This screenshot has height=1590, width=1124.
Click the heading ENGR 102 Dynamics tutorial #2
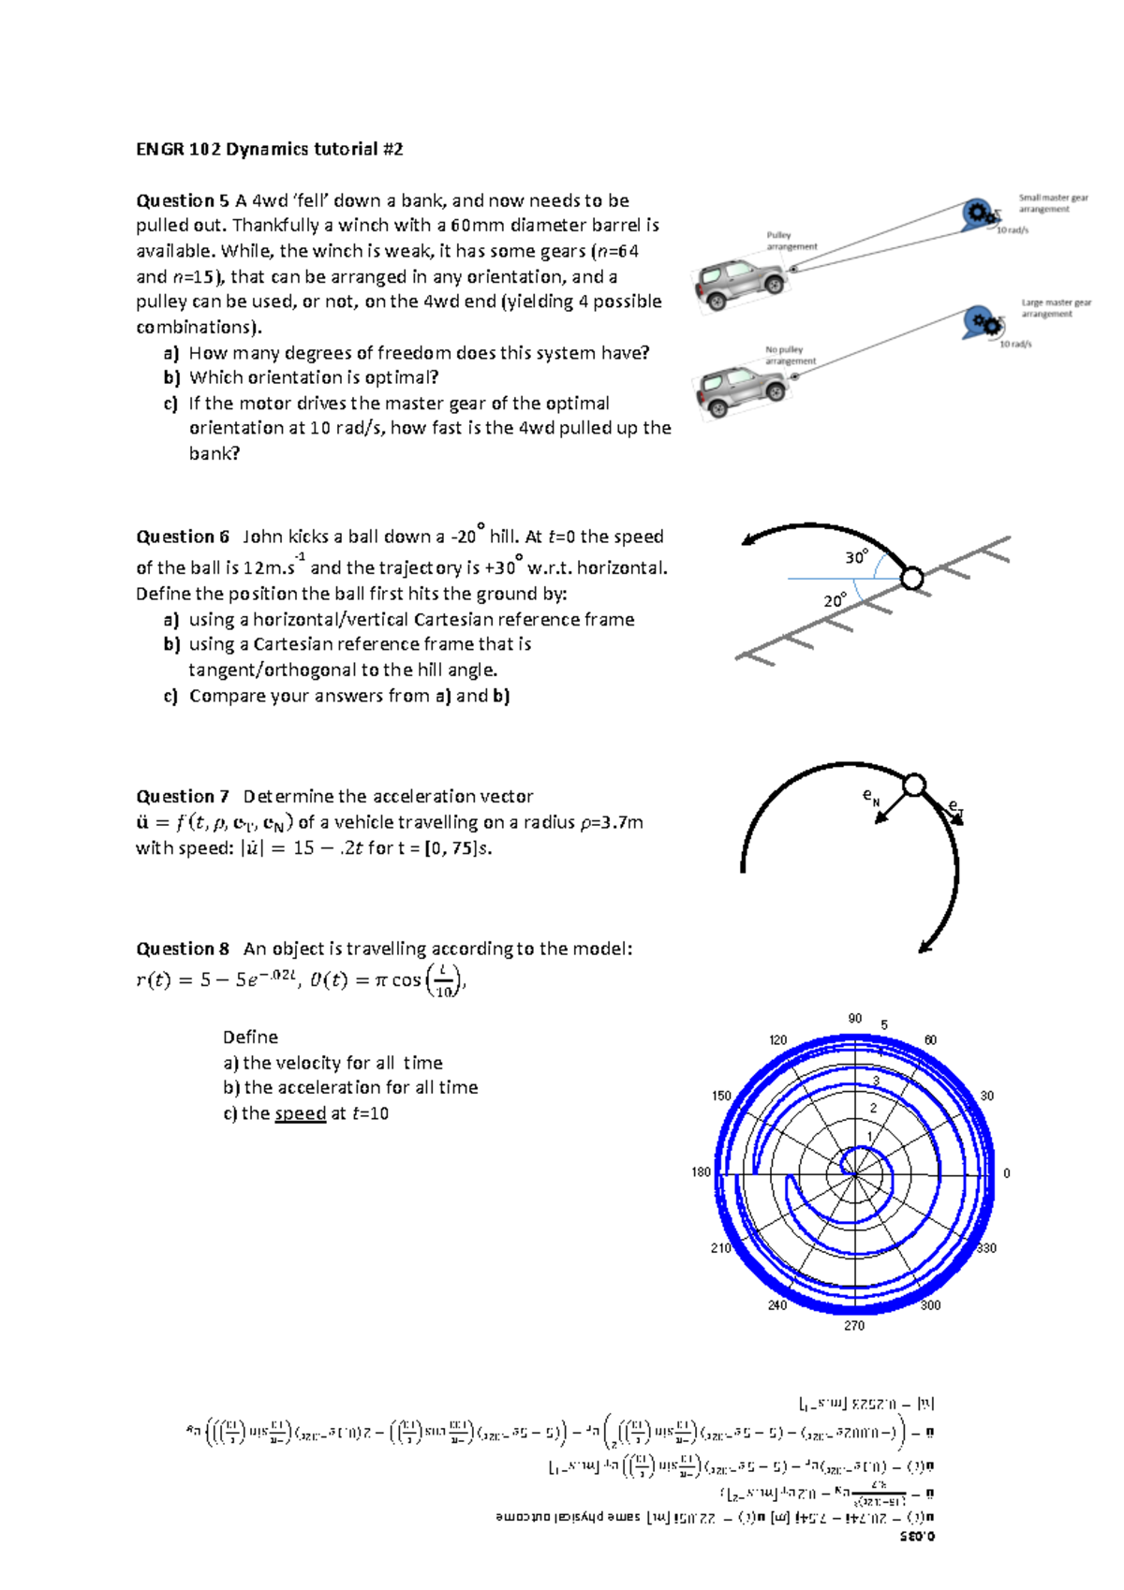(x=270, y=149)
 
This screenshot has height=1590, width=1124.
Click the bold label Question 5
(x=183, y=200)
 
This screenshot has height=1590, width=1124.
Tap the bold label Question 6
(x=183, y=537)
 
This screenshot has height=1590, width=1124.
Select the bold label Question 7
(x=183, y=796)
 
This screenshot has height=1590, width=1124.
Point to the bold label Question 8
(x=183, y=949)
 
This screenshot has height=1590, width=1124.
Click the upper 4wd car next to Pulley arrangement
(x=740, y=282)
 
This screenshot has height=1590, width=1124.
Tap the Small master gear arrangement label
(x=1053, y=203)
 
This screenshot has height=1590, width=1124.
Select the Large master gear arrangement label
(x=1056, y=308)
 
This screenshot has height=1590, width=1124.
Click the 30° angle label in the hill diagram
(x=856, y=558)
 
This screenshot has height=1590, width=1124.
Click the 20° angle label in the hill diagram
(x=835, y=600)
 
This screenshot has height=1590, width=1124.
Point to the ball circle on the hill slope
(x=911, y=579)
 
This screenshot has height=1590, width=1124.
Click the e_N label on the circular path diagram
(x=871, y=797)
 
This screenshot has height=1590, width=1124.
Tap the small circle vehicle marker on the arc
(x=914, y=785)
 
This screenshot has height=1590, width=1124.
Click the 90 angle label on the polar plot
(x=854, y=1018)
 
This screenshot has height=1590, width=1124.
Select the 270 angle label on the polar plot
(x=854, y=1325)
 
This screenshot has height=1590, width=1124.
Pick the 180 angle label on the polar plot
(x=701, y=1171)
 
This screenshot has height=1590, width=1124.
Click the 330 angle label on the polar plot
(x=986, y=1248)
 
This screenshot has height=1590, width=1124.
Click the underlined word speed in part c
(x=300, y=1113)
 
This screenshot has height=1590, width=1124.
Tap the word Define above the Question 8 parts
(x=250, y=1037)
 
